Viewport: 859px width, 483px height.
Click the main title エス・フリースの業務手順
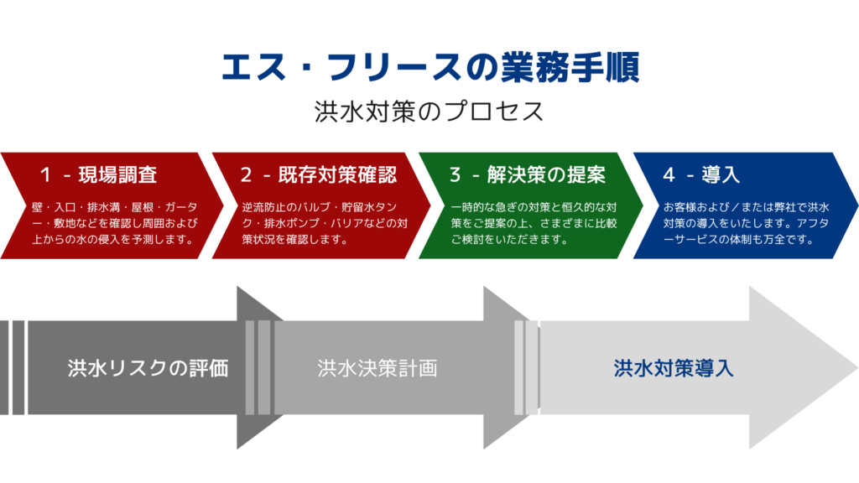pyautogui.click(x=430, y=68)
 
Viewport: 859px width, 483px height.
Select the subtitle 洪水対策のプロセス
pyautogui.click(x=429, y=112)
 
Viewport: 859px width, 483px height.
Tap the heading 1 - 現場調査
pyautogui.click(x=99, y=174)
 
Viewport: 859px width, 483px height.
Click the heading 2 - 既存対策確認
pyautogui.click(x=318, y=174)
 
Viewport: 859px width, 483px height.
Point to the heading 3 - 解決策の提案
pyautogui.click(x=528, y=174)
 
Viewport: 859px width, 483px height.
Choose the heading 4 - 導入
pyautogui.click(x=701, y=174)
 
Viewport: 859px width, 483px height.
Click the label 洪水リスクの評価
pyautogui.click(x=148, y=368)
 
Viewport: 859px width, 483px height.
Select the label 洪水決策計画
pyautogui.click(x=377, y=368)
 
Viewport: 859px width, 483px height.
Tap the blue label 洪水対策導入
pyautogui.click(x=674, y=368)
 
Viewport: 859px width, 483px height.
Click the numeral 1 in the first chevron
pyautogui.click(x=45, y=175)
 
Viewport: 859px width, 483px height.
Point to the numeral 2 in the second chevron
pyautogui.click(x=246, y=175)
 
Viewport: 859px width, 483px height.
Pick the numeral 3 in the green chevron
pyautogui.click(x=456, y=175)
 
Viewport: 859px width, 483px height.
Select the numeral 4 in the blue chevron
pyautogui.click(x=669, y=175)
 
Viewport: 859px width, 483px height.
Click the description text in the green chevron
pyautogui.click(x=534, y=223)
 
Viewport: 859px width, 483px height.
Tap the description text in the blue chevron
pyautogui.click(x=746, y=223)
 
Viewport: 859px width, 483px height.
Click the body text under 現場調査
pyautogui.click(x=114, y=223)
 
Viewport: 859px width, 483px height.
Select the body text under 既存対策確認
pyautogui.click(x=325, y=223)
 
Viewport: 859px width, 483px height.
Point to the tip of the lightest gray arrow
pyautogui.click(x=858, y=368)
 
